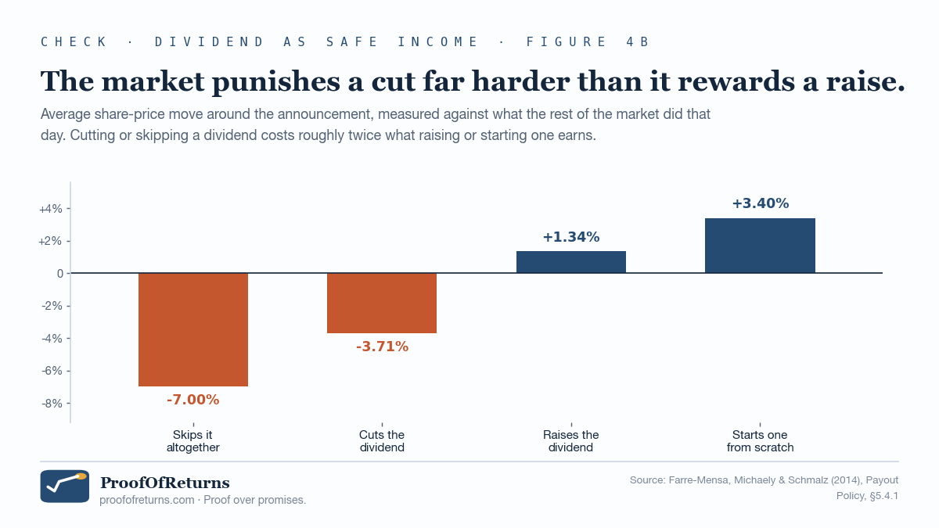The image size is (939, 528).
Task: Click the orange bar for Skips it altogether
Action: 193,329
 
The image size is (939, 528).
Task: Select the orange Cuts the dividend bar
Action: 382,303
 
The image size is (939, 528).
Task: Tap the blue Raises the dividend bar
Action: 571,262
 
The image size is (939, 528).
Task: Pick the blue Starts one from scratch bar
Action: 760,246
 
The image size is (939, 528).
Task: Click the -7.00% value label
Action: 192,400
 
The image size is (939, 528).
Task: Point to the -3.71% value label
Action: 382,347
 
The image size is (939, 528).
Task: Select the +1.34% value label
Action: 571,237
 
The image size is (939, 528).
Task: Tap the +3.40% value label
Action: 761,203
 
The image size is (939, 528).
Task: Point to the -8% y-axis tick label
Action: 52,404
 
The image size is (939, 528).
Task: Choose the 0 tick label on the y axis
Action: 60,274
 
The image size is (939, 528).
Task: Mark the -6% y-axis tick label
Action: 52,371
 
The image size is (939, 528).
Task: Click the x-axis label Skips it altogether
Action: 192,441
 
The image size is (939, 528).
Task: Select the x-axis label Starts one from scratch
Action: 760,441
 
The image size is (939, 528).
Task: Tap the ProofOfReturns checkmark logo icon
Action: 64,486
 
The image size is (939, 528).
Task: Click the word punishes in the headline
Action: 277,82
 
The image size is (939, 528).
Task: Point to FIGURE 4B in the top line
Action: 588,42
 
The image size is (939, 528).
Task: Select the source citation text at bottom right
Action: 764,488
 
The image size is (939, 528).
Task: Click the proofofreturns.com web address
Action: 147,501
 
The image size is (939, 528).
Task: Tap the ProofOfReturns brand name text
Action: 165,483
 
